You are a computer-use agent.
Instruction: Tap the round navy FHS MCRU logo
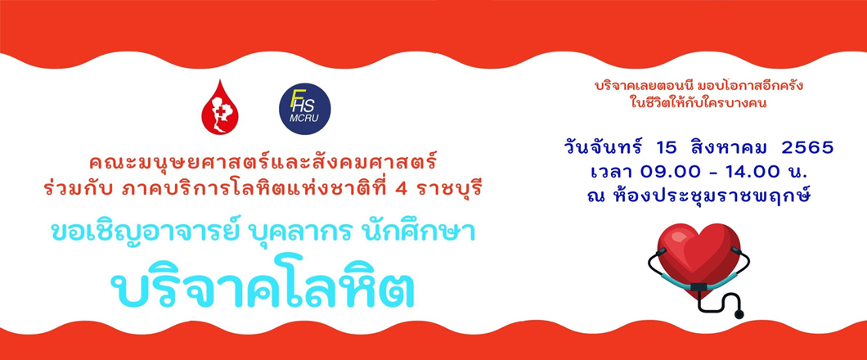click(x=304, y=109)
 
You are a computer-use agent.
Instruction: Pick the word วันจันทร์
click(x=604, y=147)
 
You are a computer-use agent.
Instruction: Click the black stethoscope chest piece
click(x=739, y=314)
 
